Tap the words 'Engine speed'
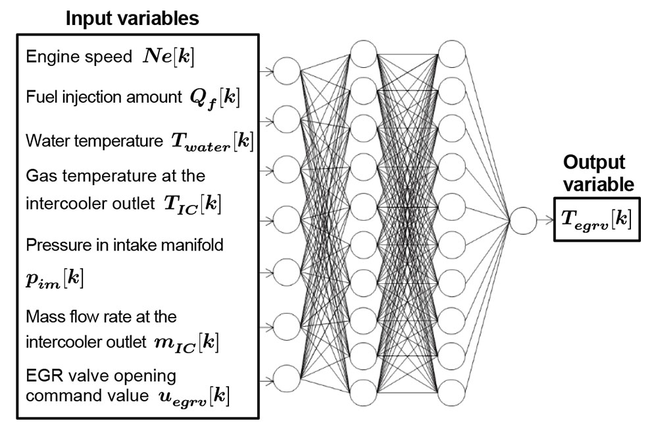tap(79, 57)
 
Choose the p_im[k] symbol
tap(55, 278)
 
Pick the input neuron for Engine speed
tap(286, 70)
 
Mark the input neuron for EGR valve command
tap(286, 378)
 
